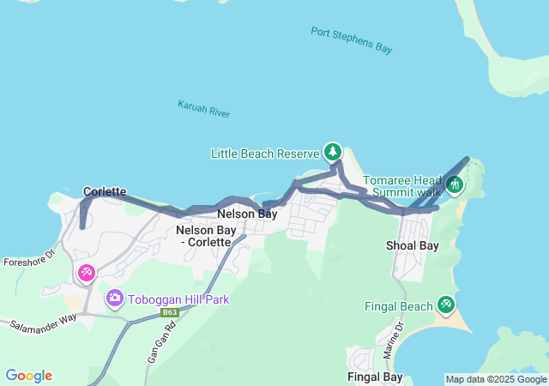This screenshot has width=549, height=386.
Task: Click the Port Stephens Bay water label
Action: click(352, 40)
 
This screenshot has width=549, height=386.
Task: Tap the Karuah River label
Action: click(203, 109)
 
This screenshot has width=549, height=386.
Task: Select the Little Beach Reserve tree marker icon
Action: click(332, 152)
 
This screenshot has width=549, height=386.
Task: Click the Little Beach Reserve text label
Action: click(265, 154)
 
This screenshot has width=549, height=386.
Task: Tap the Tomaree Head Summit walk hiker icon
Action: click(455, 183)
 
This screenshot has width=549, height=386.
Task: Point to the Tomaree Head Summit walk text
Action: click(401, 186)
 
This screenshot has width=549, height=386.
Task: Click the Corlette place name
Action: click(105, 191)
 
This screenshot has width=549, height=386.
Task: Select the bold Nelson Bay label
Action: click(247, 214)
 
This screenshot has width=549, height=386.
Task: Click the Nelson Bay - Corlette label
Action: click(203, 236)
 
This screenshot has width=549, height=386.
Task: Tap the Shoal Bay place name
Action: click(412, 246)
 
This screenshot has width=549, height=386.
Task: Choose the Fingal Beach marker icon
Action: click(445, 304)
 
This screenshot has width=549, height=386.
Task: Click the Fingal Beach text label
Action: click(399, 306)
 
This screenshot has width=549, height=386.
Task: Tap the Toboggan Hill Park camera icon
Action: click(114, 299)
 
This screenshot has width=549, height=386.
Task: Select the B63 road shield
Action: click(169, 313)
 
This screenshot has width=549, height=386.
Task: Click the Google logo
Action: click(28, 376)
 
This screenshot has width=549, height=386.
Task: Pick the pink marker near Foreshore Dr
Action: click(87, 273)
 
